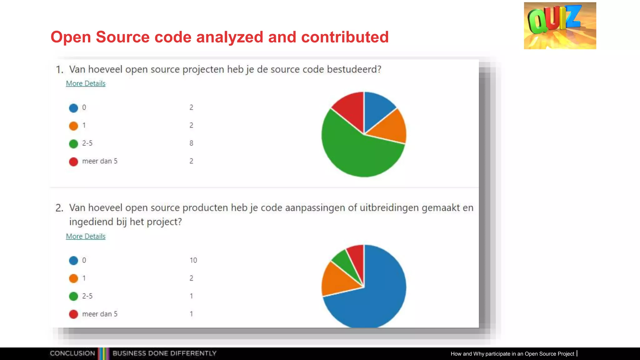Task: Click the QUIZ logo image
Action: (x=560, y=26)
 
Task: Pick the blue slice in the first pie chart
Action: (x=377, y=108)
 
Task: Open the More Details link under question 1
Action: (x=86, y=83)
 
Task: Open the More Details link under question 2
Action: (x=86, y=236)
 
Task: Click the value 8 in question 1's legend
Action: (x=191, y=143)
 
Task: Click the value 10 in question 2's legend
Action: (x=193, y=260)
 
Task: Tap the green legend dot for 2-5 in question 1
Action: (x=73, y=144)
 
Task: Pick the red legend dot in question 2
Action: (x=73, y=314)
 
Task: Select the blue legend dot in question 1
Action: (x=73, y=108)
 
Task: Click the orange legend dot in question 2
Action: (x=73, y=278)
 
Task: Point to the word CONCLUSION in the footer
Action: (x=72, y=353)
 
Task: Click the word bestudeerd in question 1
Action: (x=354, y=69)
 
